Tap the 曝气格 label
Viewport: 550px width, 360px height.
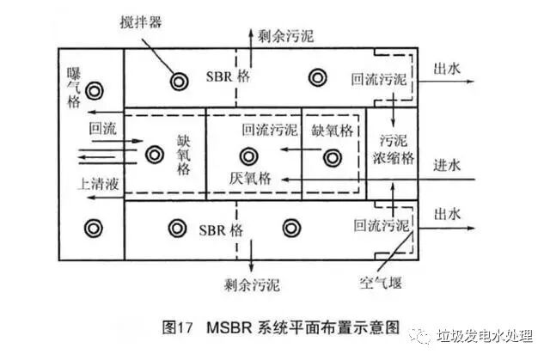(73, 88)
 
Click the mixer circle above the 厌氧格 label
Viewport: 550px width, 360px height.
(249, 156)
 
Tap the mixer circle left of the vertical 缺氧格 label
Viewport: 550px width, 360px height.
(155, 155)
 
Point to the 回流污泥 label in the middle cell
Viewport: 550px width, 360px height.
(270, 131)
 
